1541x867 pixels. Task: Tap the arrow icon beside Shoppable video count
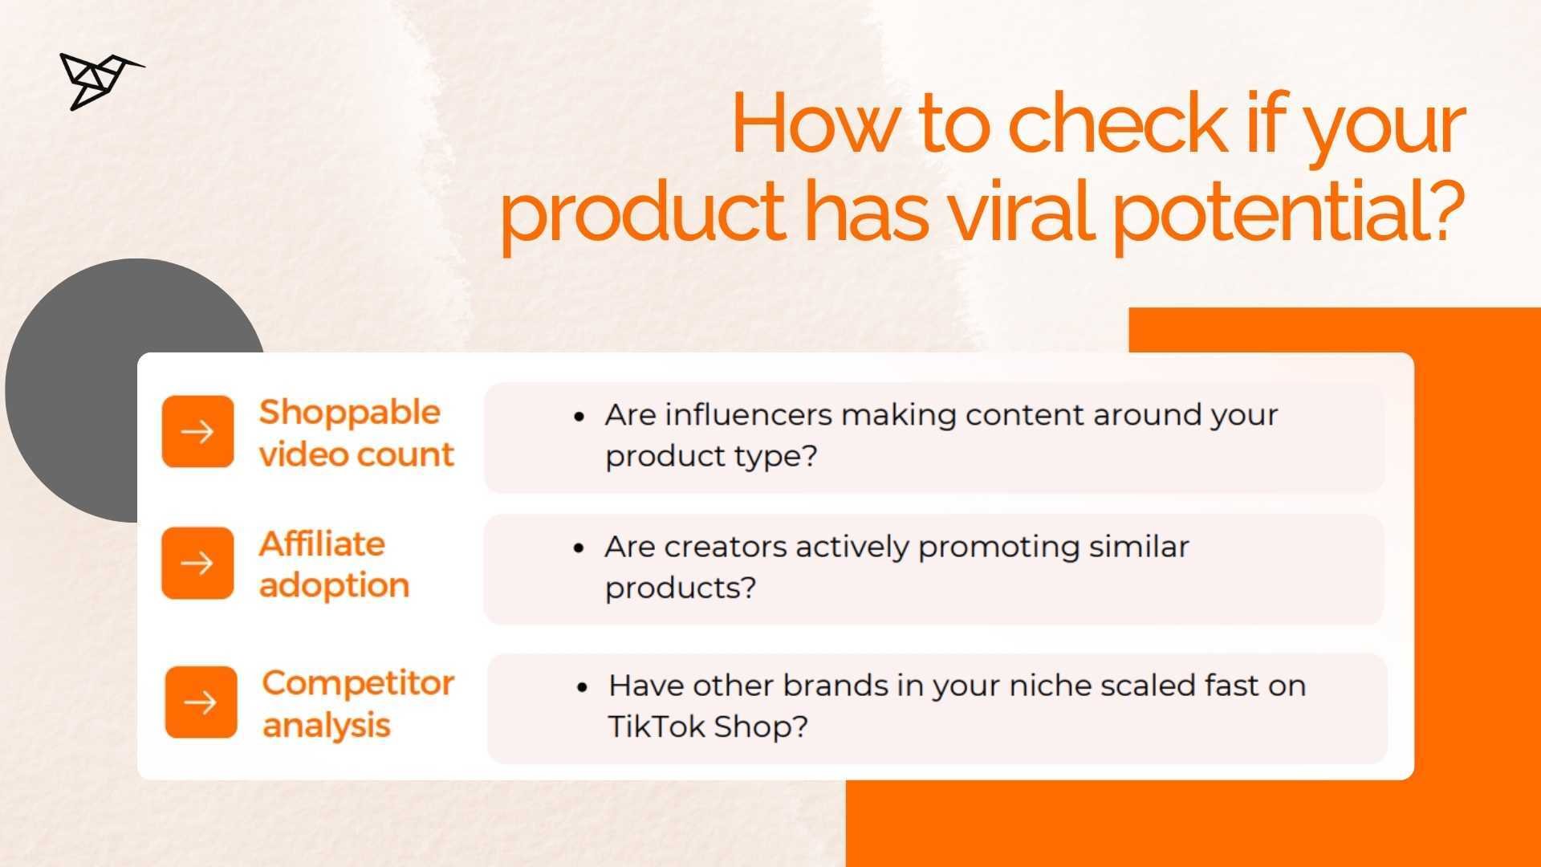tap(197, 432)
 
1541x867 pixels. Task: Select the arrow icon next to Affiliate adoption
tap(197, 564)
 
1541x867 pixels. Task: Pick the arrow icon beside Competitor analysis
tap(201, 702)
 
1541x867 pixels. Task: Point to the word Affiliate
tap(322, 543)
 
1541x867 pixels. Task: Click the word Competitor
tap(358, 684)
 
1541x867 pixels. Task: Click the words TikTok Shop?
tap(708, 727)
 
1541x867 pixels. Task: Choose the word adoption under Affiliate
tap(334, 586)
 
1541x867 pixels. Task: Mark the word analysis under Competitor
tap(326, 726)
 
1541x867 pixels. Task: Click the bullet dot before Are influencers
tap(579, 417)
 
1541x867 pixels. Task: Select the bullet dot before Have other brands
tap(583, 687)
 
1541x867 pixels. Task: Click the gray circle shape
tap(72, 390)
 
